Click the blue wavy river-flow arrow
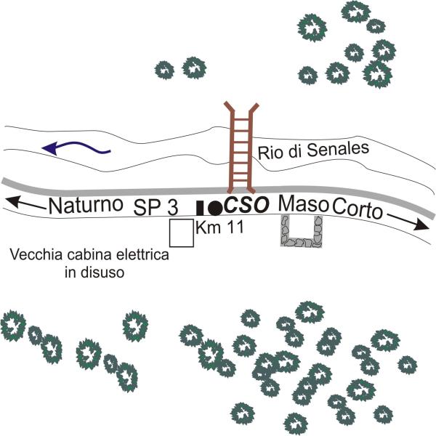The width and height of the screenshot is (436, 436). point(76,148)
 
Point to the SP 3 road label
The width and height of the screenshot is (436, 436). point(156,206)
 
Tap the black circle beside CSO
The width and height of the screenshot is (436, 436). point(214,207)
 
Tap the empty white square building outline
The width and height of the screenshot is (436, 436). point(181,233)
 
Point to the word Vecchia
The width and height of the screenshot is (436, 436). point(33,257)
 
